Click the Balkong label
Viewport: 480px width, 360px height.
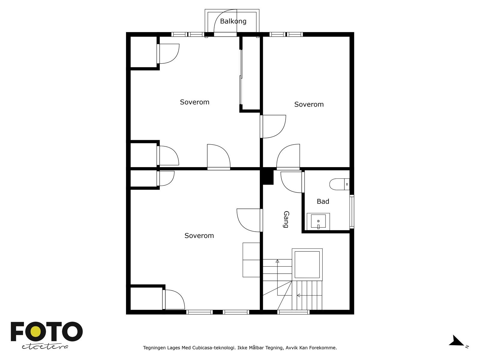tap(233, 21)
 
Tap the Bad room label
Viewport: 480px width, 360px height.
tap(323, 201)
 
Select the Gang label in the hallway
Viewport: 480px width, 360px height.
tap(286, 219)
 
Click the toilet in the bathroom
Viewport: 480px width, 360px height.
tap(339, 184)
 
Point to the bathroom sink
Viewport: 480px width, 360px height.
tap(318, 222)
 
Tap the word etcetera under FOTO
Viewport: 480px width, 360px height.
tap(45, 347)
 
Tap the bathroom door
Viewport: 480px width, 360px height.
tap(292, 182)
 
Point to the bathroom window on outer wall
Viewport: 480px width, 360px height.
tap(352, 211)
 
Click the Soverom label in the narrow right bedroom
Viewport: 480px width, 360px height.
tap(309, 104)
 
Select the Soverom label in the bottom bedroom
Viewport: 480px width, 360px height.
tap(199, 235)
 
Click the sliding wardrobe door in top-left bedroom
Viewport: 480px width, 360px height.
tap(241, 77)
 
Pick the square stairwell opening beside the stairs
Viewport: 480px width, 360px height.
tap(307, 265)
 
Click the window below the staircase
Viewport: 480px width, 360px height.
tap(293, 312)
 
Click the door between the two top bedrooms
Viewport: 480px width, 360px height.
tap(273, 127)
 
